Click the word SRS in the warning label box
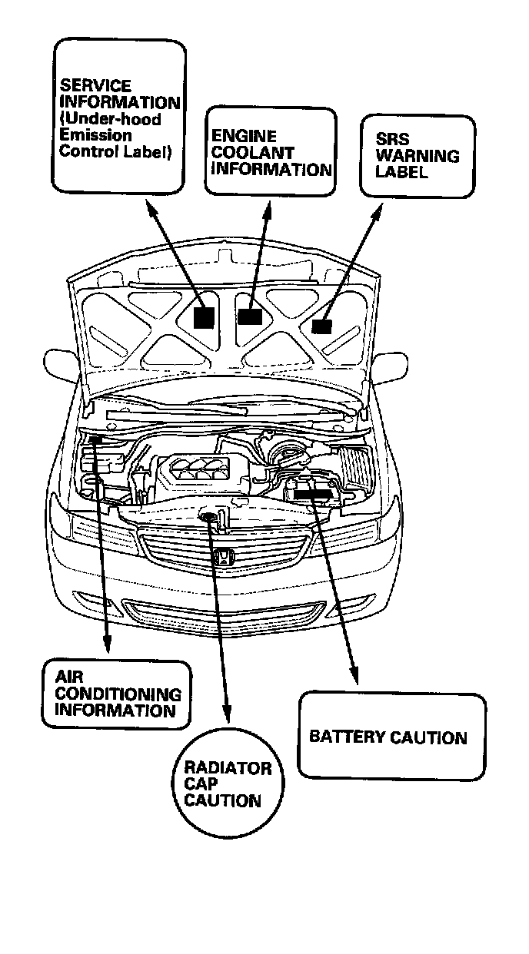click(x=392, y=139)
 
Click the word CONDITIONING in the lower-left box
click(x=118, y=694)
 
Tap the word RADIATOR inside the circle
click(x=228, y=767)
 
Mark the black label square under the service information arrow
click(x=204, y=317)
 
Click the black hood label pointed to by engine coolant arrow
click(x=250, y=315)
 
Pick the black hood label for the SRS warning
click(x=321, y=326)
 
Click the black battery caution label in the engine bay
click(x=313, y=495)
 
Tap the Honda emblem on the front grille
click(x=222, y=558)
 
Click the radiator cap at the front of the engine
click(x=208, y=517)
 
